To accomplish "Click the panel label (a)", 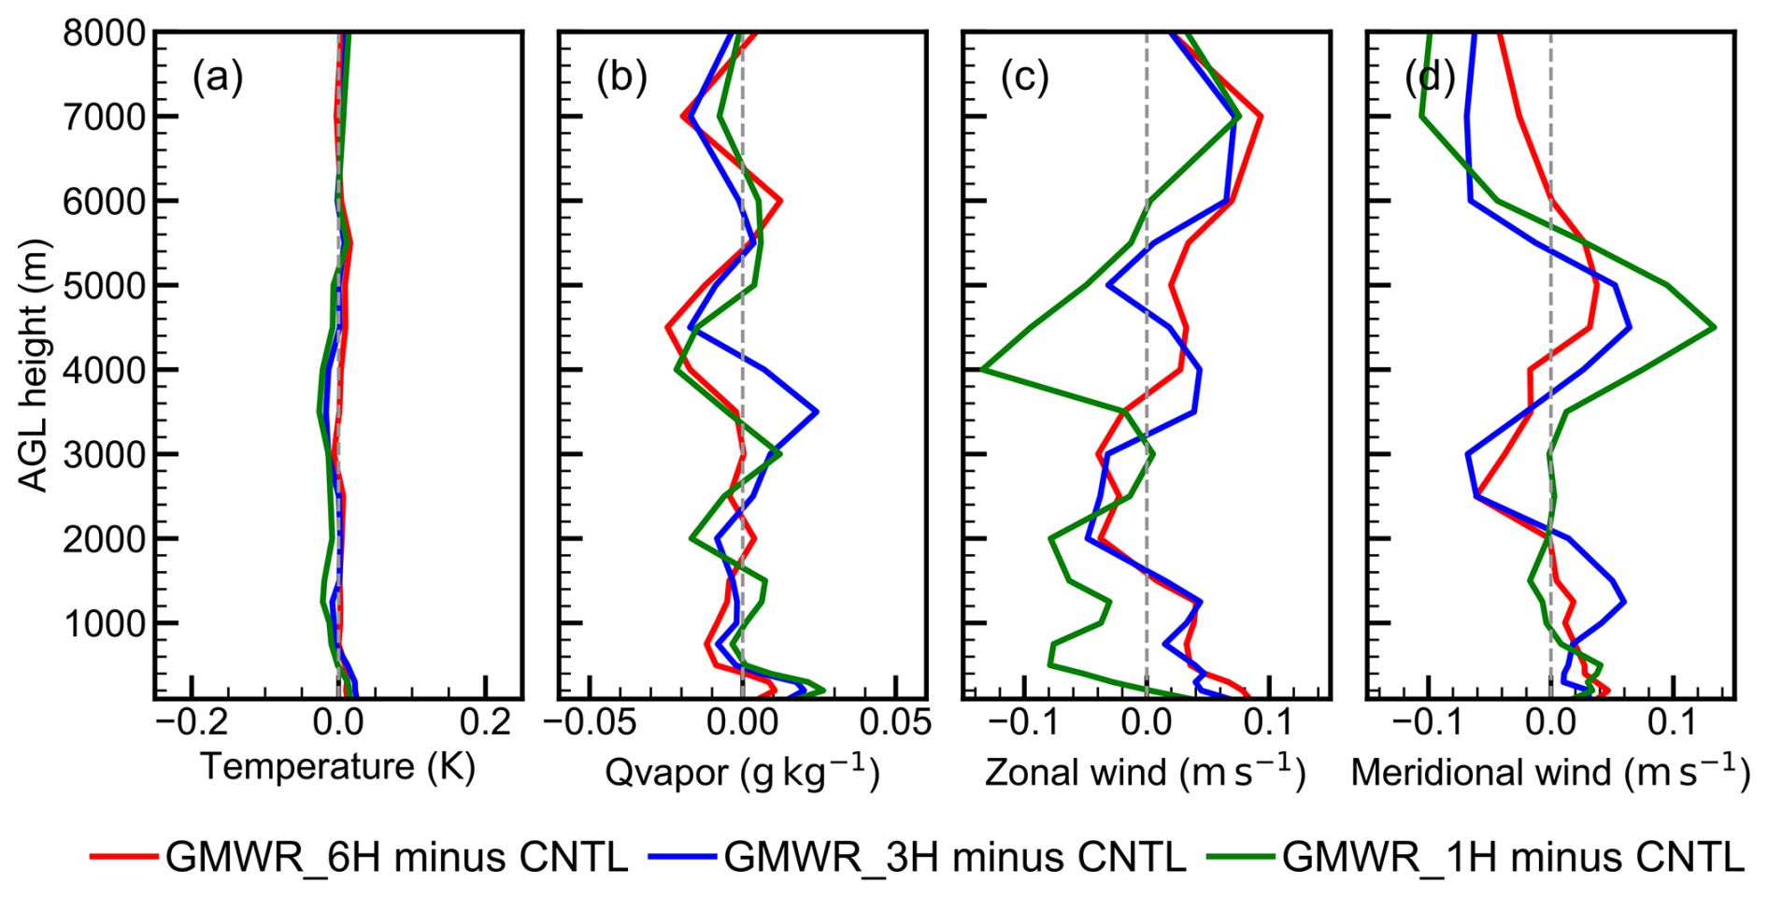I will [217, 78].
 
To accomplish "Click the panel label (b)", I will [621, 78].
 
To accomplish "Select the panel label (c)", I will [1025, 78].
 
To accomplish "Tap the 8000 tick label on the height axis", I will [104, 34].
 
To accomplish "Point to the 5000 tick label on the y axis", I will [104, 286].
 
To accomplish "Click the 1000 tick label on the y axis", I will [104, 623].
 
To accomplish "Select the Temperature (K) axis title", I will [338, 767].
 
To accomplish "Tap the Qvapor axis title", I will [742, 772].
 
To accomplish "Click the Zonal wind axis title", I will [1146, 772].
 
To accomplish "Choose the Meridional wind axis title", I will [1549, 772].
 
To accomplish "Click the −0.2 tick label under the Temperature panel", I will [192, 722].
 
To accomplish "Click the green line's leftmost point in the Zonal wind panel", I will [981, 369].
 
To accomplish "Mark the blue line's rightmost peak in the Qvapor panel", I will [817, 411].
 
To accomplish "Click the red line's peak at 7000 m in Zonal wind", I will [1262, 117].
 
